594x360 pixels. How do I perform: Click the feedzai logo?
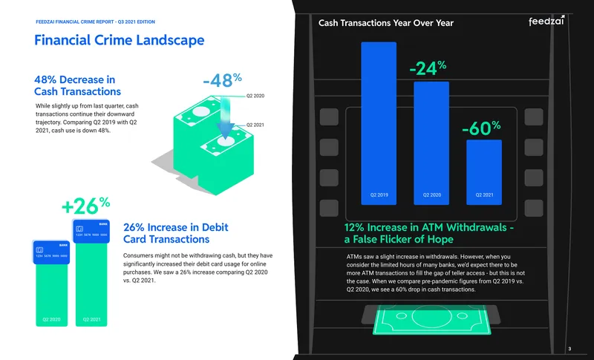pyautogui.click(x=546, y=21)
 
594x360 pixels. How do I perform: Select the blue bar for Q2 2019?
pyautogui.click(x=379, y=123)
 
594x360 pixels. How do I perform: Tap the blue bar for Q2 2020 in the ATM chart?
pyautogui.click(x=431, y=143)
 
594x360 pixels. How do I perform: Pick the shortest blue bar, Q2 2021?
pyautogui.click(x=484, y=172)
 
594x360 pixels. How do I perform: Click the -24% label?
pyautogui.click(x=428, y=68)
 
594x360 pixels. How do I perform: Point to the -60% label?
pyautogui.click(x=481, y=128)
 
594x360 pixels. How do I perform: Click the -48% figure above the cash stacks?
pyautogui.click(x=222, y=80)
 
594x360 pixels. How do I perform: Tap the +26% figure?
pyautogui.click(x=85, y=206)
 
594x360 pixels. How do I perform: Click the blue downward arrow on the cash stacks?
pyautogui.click(x=225, y=117)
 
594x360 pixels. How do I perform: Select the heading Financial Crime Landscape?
pyautogui.click(x=120, y=40)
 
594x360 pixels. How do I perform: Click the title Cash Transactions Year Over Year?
pyautogui.click(x=385, y=23)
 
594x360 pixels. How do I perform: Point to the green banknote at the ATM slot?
pyautogui.click(x=432, y=320)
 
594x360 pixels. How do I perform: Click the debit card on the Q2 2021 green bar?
pyautogui.click(x=91, y=232)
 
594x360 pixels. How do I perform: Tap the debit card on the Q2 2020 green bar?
pyautogui.click(x=51, y=252)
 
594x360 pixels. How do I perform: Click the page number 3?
pyautogui.click(x=569, y=349)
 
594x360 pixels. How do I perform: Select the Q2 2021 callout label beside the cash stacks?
pyautogui.click(x=255, y=125)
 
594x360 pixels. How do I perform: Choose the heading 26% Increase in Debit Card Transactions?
pyautogui.click(x=175, y=233)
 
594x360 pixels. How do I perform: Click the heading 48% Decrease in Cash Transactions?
pyautogui.click(x=77, y=85)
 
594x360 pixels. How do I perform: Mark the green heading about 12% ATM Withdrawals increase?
pyautogui.click(x=429, y=233)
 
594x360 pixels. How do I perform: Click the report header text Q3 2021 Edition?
pyautogui.click(x=137, y=22)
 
